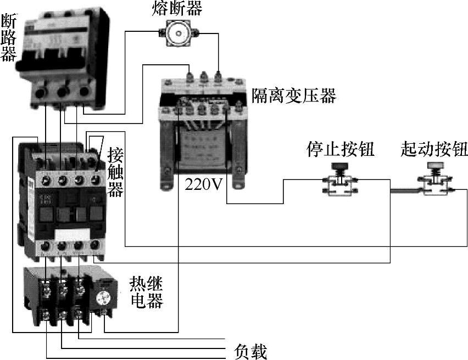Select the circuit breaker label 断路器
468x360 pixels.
click(8, 38)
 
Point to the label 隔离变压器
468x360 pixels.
click(294, 96)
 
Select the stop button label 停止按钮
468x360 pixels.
click(341, 149)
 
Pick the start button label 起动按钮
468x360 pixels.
click(434, 149)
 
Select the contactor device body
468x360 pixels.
click(60, 198)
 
